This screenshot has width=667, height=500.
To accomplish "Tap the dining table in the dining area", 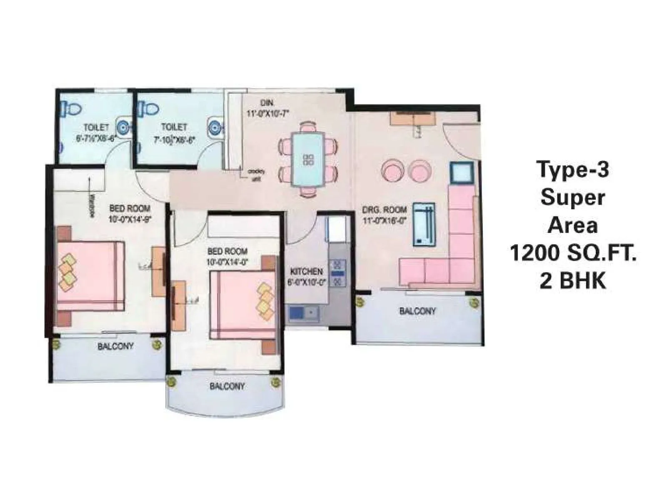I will [x=308, y=160].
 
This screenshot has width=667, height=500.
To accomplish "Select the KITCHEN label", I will [x=306, y=272].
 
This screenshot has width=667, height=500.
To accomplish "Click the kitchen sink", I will [x=303, y=312].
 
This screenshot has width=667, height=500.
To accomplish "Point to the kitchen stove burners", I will [x=338, y=273].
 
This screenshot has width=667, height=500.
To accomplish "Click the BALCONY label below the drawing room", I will [x=417, y=311].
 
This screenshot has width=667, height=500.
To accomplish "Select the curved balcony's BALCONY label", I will [x=227, y=386].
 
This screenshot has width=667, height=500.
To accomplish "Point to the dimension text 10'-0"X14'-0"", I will [x=228, y=262].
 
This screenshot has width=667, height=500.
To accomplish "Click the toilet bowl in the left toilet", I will [x=71, y=108].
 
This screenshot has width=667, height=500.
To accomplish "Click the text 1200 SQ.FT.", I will [x=573, y=253].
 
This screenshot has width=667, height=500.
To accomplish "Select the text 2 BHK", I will [x=573, y=281].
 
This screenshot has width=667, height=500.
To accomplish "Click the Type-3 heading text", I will [x=573, y=170].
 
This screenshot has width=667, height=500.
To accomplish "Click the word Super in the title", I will [x=573, y=197].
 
